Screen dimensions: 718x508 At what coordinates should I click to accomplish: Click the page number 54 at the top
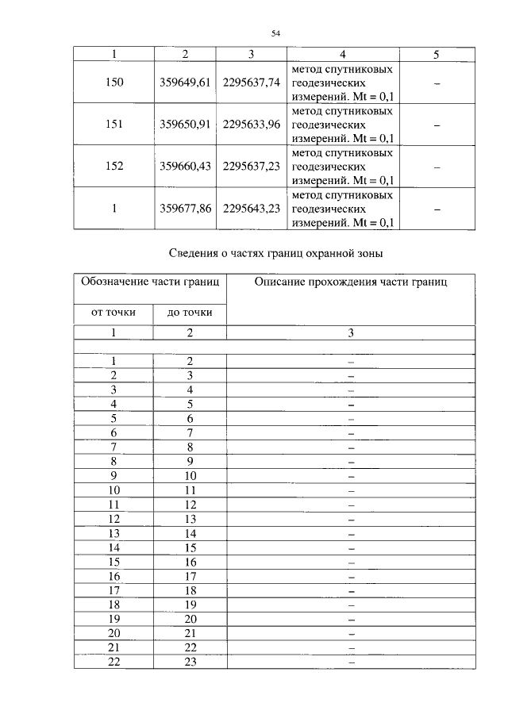tap(275, 33)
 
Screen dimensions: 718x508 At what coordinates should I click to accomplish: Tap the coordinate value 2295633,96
tap(252, 125)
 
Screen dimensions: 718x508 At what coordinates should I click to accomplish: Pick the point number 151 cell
tap(114, 125)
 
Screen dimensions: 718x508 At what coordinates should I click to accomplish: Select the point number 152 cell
tap(114, 167)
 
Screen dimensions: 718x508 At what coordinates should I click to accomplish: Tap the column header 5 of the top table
tap(436, 55)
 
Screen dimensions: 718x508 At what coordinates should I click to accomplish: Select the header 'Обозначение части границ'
tap(151, 282)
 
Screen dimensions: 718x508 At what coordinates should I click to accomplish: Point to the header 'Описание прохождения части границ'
tap(350, 282)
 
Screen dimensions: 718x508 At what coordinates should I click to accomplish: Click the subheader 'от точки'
tap(114, 313)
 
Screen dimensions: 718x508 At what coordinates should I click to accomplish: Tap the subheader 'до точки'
tap(190, 313)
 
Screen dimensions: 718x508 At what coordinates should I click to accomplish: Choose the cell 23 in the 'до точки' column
tap(190, 662)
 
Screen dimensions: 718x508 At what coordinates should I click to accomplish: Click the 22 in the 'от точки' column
tap(114, 662)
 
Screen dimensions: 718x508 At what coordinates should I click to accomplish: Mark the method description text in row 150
tap(342, 83)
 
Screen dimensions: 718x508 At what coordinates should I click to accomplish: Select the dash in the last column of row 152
tap(436, 167)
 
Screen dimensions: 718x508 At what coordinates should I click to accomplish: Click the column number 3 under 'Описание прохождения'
tap(350, 333)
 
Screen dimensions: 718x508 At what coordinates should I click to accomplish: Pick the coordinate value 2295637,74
tap(252, 83)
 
